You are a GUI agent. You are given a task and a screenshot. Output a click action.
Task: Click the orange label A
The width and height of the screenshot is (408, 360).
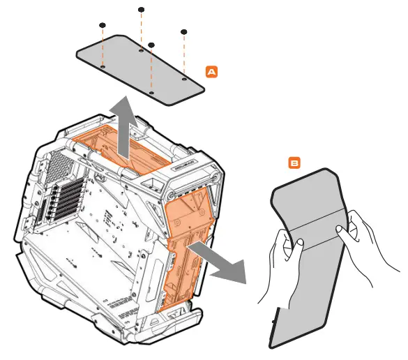(212, 71)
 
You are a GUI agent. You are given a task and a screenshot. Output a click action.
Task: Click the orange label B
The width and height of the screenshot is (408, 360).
(295, 163)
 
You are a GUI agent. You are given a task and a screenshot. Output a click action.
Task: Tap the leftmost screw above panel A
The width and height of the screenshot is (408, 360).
(103, 25)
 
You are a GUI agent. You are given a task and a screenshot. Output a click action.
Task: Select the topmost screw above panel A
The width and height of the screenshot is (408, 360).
(142, 10)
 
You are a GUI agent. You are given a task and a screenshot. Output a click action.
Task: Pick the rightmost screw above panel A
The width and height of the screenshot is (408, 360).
(184, 31)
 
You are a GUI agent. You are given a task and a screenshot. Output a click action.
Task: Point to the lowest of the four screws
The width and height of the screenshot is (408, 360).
(151, 45)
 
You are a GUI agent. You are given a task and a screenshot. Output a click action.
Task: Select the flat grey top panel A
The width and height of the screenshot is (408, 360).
(139, 73)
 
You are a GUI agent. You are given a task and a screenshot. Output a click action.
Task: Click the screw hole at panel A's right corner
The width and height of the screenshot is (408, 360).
(184, 79)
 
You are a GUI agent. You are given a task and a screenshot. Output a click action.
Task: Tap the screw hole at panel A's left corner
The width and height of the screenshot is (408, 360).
(103, 68)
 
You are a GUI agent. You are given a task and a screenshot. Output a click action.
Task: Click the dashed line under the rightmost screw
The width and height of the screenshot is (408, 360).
(184, 56)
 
